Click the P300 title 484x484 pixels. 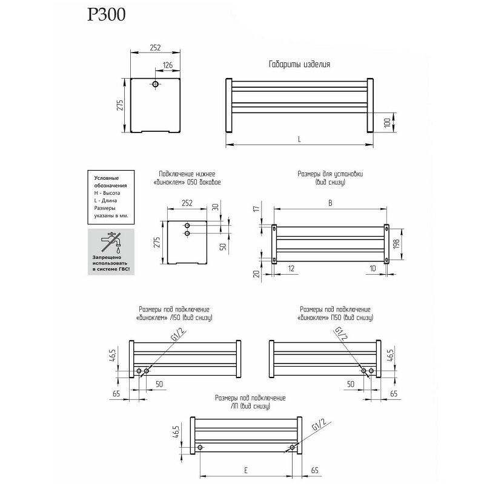[107, 15]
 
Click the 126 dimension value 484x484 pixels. [168, 65]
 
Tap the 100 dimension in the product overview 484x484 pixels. [387, 123]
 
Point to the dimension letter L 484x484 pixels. [299, 140]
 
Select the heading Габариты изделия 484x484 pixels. [299, 64]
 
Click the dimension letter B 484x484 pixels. [330, 203]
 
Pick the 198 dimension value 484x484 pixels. [397, 244]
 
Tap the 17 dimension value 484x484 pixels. [256, 209]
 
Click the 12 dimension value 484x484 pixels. [291, 269]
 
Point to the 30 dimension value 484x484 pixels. [216, 206]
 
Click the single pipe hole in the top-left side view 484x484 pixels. [155, 84]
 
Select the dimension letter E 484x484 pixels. [246, 471]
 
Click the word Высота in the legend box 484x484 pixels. [111, 193]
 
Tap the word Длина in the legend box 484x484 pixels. [110, 201]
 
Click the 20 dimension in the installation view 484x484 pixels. [256, 273]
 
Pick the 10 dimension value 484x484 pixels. [373, 269]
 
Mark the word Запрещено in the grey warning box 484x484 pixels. [107, 258]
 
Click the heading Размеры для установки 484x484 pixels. [330, 174]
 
